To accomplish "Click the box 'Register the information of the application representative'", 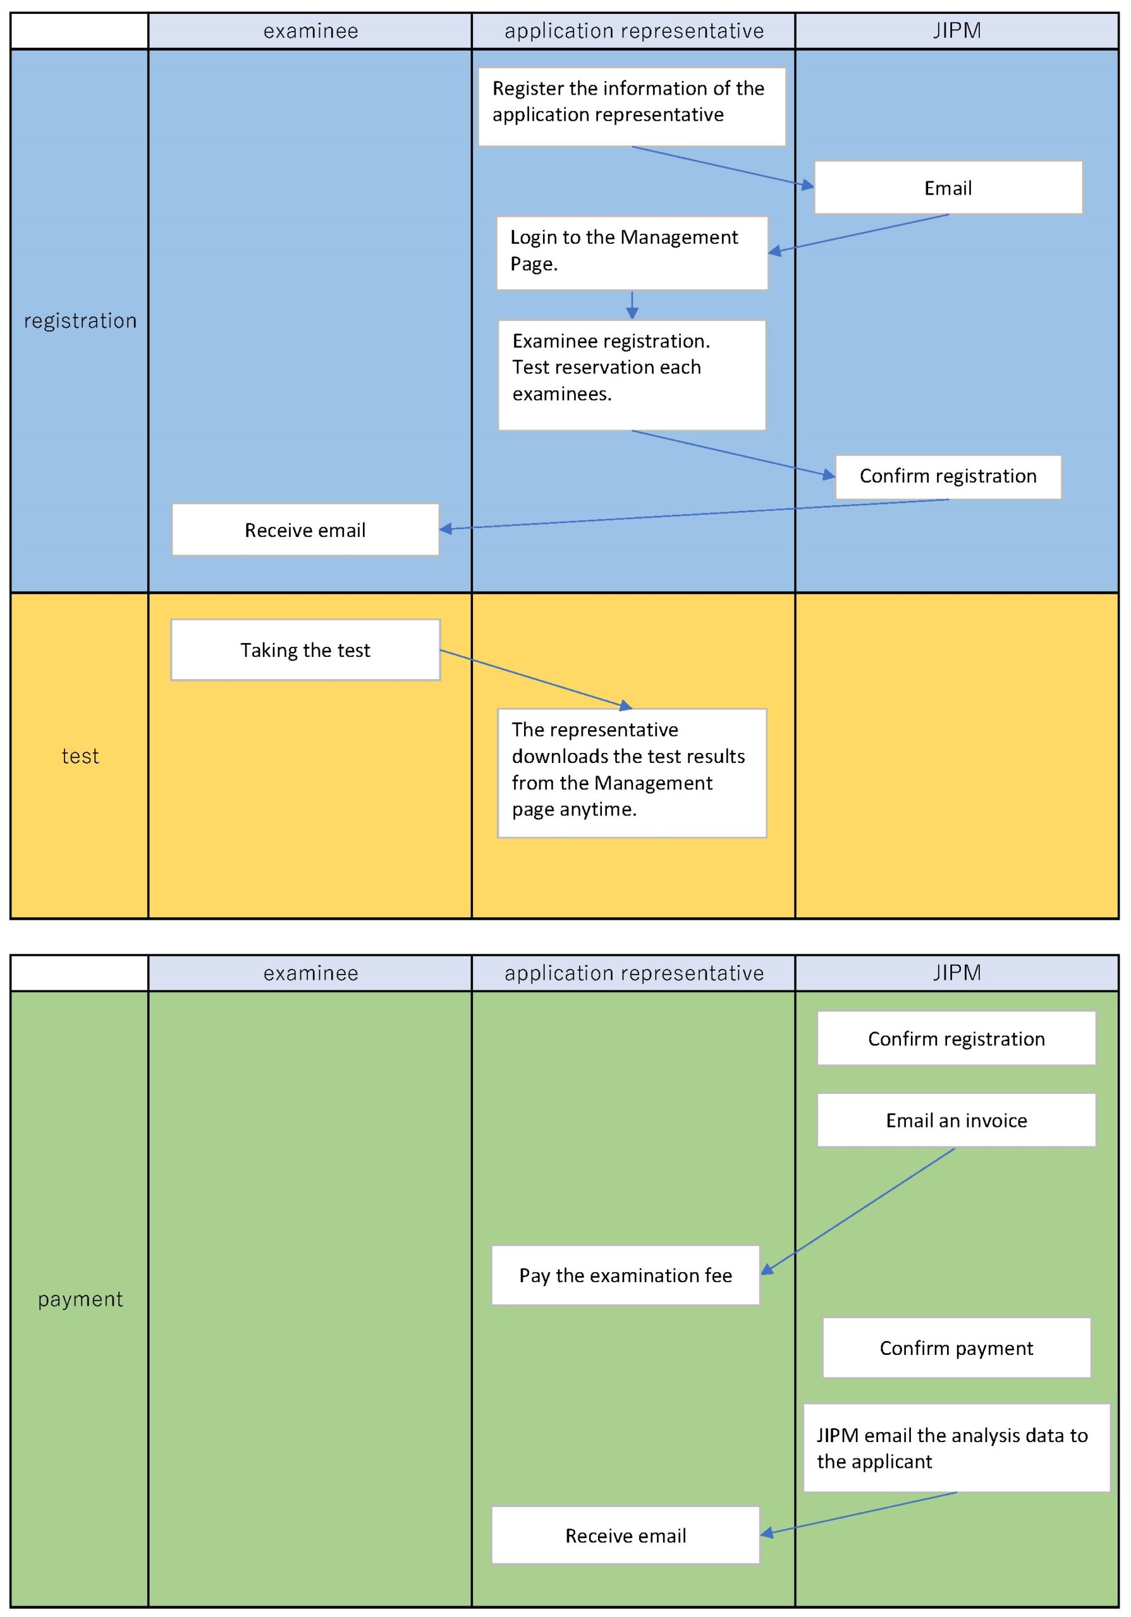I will pos(632,106).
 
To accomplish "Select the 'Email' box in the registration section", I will pos(948,188).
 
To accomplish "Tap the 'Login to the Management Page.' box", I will pos(632,252).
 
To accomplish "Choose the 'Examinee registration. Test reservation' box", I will pos(632,375).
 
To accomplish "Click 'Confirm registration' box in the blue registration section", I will pos(948,477).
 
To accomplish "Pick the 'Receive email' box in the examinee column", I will pos(305,529).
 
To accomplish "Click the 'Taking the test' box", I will pos(305,649).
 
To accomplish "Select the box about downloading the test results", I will pos(632,772).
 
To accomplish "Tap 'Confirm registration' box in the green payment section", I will pos(957,1038).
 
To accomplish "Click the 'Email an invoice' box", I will pos(957,1120).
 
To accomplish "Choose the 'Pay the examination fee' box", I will pos(625,1275).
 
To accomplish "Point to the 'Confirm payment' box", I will pos(957,1347).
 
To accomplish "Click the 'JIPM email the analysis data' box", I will pos(957,1448).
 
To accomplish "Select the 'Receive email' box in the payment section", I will pos(625,1536).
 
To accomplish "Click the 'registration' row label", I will pos(80,320).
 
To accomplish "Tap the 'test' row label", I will pos(80,755).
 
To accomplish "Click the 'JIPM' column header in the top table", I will pos(957,31).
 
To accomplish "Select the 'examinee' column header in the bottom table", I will pos(310,973).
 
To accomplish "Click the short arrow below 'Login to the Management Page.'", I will pos(632,305).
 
